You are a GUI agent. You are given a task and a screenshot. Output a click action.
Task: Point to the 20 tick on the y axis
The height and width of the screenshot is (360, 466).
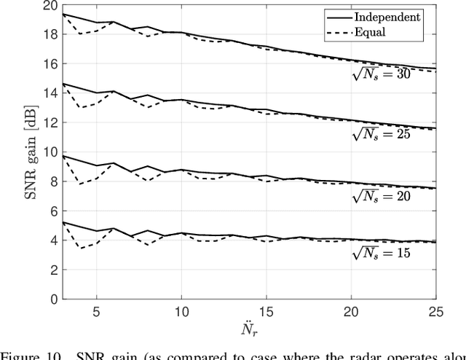tap(49, 6)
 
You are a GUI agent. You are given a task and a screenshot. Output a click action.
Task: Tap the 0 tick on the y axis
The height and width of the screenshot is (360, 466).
tap(52, 300)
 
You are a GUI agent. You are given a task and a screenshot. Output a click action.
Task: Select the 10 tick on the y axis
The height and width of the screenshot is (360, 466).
tap(49, 152)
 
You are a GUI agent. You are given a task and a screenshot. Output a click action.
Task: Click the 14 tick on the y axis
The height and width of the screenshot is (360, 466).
tap(49, 94)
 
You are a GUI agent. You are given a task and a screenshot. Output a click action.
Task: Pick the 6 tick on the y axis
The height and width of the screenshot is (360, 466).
tap(52, 211)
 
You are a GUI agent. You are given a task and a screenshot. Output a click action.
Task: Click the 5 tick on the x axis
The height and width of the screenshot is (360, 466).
tap(96, 310)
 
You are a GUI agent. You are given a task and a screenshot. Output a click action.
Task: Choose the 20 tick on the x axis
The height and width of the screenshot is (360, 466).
tap(352, 310)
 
